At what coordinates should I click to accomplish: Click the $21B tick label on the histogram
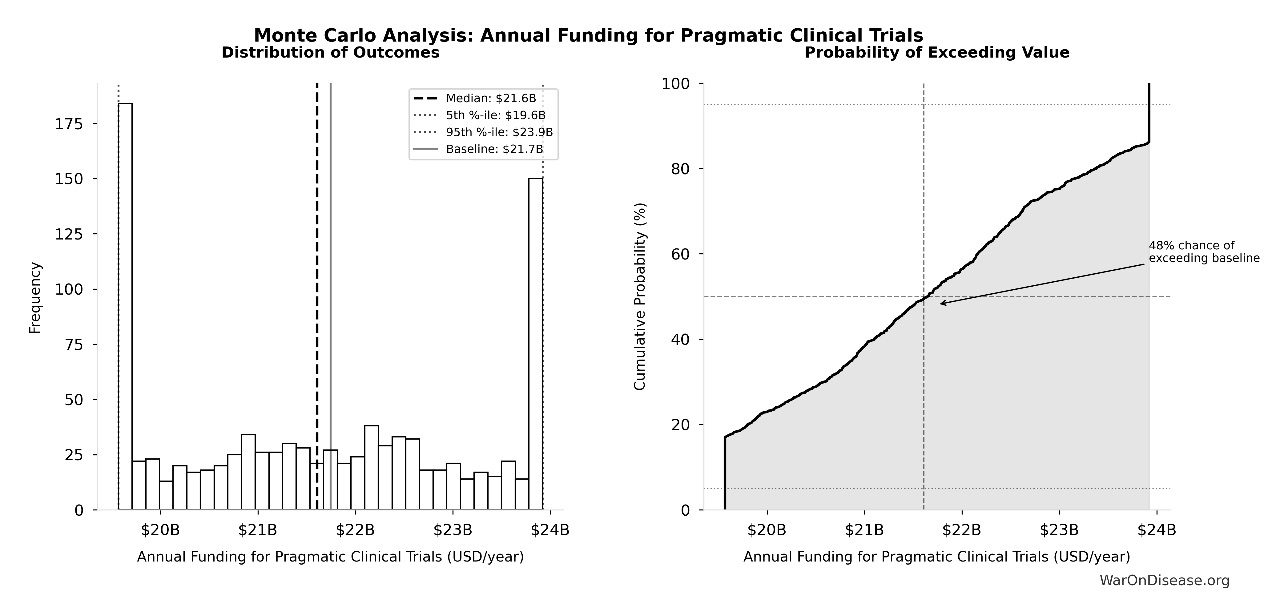pos(257,530)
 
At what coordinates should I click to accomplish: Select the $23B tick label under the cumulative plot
pos(1059,530)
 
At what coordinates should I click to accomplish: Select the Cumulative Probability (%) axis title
pos(640,296)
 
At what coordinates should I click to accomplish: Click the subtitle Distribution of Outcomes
pos(331,53)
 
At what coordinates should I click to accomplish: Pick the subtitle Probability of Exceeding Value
pos(936,53)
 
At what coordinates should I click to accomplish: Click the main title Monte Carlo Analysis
pos(589,35)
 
